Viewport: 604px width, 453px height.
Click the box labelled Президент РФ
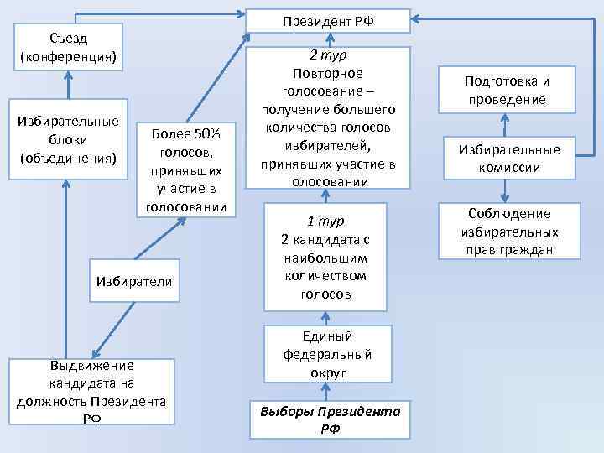tap(328, 20)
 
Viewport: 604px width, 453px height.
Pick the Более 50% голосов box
tap(185, 170)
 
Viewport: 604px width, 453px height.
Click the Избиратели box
tap(134, 280)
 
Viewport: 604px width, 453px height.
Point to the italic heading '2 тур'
tap(326, 56)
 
